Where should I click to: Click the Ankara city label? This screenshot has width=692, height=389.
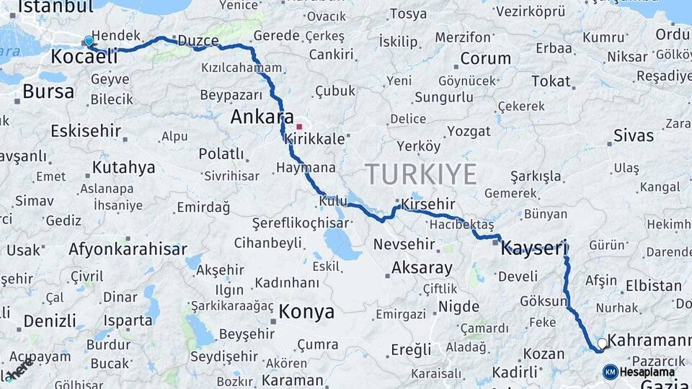point(262,117)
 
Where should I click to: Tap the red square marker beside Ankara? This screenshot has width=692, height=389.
point(299,127)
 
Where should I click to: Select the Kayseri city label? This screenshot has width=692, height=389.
point(534,249)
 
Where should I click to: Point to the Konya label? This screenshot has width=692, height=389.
point(306,312)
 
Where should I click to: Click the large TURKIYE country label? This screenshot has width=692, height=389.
point(420,174)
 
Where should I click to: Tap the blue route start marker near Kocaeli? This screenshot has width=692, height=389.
point(89,42)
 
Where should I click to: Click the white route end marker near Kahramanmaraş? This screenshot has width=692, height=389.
point(602,344)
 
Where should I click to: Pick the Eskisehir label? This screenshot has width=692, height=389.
point(86,131)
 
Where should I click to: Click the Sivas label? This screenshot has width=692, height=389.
point(634,135)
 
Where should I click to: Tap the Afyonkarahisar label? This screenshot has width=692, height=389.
point(128,249)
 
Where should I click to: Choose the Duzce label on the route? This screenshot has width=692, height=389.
point(198,40)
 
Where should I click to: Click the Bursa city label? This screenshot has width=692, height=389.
point(48,91)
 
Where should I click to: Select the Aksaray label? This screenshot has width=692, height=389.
point(422,268)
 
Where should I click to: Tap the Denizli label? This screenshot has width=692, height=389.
point(50,321)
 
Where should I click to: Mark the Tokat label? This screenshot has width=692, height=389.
point(551,81)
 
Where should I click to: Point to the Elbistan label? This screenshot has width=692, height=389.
point(654,285)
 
